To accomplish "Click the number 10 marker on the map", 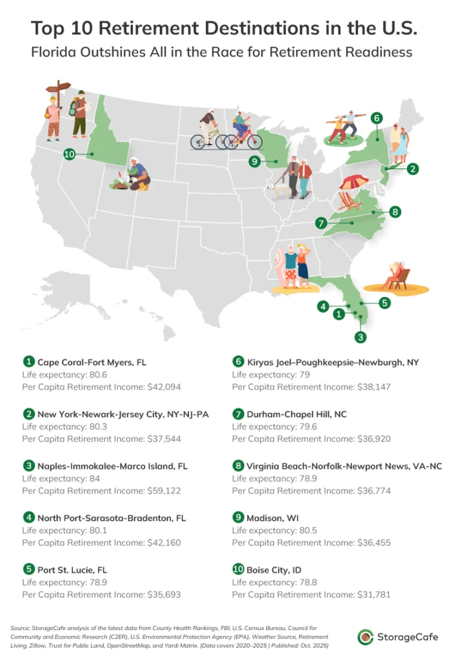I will (x=70, y=154).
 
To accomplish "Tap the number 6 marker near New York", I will (x=377, y=118).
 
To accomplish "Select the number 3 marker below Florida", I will (x=361, y=336).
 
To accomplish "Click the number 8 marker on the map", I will (x=395, y=211).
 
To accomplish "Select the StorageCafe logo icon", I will (x=366, y=636).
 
